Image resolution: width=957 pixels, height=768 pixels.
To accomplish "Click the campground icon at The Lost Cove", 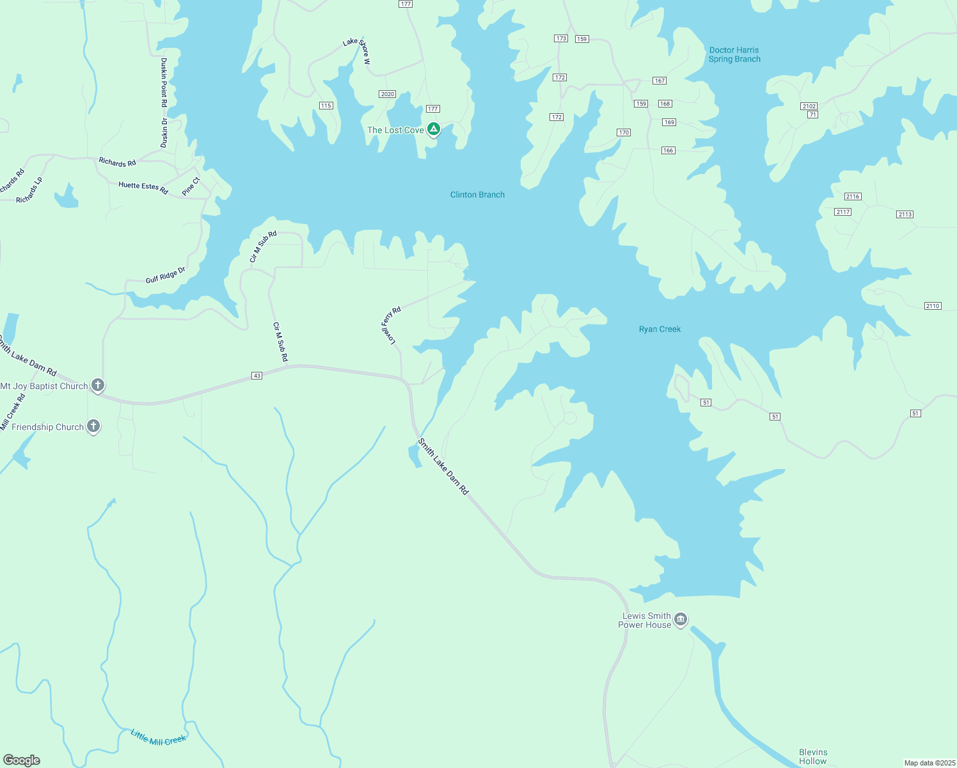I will click(x=434, y=129).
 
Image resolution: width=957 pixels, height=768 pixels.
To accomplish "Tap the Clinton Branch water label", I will click(x=477, y=195).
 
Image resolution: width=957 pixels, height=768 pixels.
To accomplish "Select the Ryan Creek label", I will click(x=660, y=329).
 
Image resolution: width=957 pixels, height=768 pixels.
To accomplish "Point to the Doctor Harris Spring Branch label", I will click(x=734, y=54).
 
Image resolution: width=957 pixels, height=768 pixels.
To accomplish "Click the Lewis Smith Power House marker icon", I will click(x=681, y=619).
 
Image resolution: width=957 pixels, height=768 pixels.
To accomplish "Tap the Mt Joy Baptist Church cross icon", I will click(x=98, y=385).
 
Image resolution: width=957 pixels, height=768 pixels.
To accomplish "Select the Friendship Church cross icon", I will click(x=93, y=426).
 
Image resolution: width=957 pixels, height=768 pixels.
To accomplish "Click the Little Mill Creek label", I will click(x=158, y=737).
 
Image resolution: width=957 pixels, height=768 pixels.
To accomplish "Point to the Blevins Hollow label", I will click(x=812, y=756).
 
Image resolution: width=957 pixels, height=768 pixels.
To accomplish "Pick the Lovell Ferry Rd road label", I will click(x=391, y=325).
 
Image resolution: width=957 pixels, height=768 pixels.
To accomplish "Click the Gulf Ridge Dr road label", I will click(x=165, y=275).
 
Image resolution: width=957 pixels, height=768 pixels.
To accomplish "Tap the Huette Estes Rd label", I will click(x=143, y=188).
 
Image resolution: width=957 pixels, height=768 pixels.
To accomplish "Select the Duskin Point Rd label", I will click(x=164, y=82).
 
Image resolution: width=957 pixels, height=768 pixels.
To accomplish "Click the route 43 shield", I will click(x=257, y=376).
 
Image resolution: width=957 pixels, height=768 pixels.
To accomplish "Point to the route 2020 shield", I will click(x=387, y=94).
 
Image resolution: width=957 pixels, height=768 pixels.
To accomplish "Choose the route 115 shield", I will click(x=326, y=106).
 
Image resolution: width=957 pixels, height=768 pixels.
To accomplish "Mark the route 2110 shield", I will click(x=933, y=306).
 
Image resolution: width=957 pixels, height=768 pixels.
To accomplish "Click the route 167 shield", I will click(x=660, y=81).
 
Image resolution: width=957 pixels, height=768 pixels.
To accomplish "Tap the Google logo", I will click(x=22, y=760).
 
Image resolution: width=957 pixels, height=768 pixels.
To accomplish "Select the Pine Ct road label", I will click(x=191, y=186).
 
